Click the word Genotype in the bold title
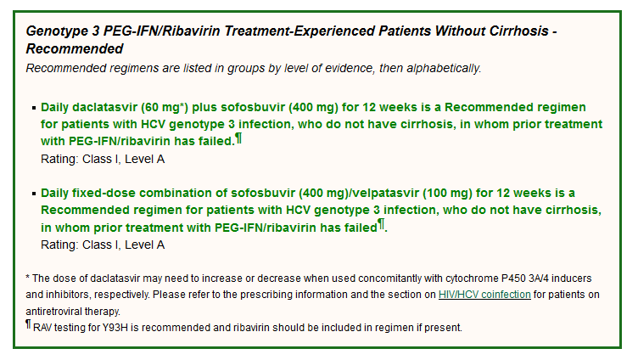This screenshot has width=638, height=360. click(51, 31)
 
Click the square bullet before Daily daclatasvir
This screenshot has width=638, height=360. click(34, 108)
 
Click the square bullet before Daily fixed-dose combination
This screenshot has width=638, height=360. click(34, 194)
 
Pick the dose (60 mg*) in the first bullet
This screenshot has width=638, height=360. click(165, 108)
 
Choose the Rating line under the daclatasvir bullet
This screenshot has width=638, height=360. click(103, 159)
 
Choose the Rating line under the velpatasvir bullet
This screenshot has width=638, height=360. click(103, 245)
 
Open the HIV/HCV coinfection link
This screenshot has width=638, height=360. click(484, 295)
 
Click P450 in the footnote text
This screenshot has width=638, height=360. click(513, 278)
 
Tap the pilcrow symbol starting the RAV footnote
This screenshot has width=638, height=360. click(28, 324)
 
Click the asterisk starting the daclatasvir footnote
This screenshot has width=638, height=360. click(28, 277)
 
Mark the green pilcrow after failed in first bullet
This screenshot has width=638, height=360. click(239, 138)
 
